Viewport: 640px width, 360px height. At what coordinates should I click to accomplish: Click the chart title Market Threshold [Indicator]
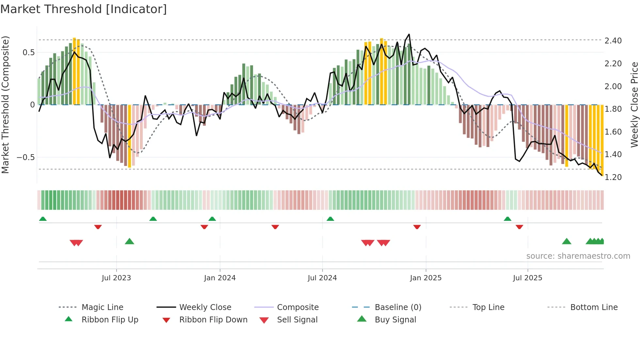pyautogui.click(x=84, y=9)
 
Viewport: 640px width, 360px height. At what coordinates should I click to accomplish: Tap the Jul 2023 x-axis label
pyautogui.click(x=116, y=278)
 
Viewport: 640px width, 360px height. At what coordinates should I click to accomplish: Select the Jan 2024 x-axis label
pyautogui.click(x=220, y=278)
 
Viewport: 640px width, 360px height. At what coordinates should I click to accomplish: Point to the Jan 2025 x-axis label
pyautogui.click(x=426, y=278)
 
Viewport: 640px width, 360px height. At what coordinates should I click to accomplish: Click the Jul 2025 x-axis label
pyautogui.click(x=528, y=278)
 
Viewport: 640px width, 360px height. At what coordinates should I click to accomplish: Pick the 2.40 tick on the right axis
pyautogui.click(x=613, y=41)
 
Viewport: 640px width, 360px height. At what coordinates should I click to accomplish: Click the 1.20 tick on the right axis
pyautogui.click(x=613, y=177)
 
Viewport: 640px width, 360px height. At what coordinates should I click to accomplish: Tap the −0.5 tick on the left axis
pyautogui.click(x=25, y=157)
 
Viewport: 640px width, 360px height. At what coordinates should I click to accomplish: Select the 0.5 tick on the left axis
pyautogui.click(x=28, y=53)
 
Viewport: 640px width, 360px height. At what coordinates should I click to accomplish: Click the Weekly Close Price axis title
pyautogui.click(x=634, y=105)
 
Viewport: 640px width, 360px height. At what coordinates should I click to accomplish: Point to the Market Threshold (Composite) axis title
pyautogui.click(x=5, y=105)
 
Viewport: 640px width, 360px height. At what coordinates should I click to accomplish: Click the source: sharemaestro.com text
pyautogui.click(x=578, y=256)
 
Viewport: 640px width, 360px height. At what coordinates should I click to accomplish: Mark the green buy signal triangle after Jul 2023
pyautogui.click(x=130, y=241)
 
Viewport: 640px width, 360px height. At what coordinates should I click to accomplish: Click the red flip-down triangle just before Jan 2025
pyautogui.click(x=417, y=227)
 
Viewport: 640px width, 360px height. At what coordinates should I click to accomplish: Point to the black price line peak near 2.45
pyautogui.click(x=409, y=34)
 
